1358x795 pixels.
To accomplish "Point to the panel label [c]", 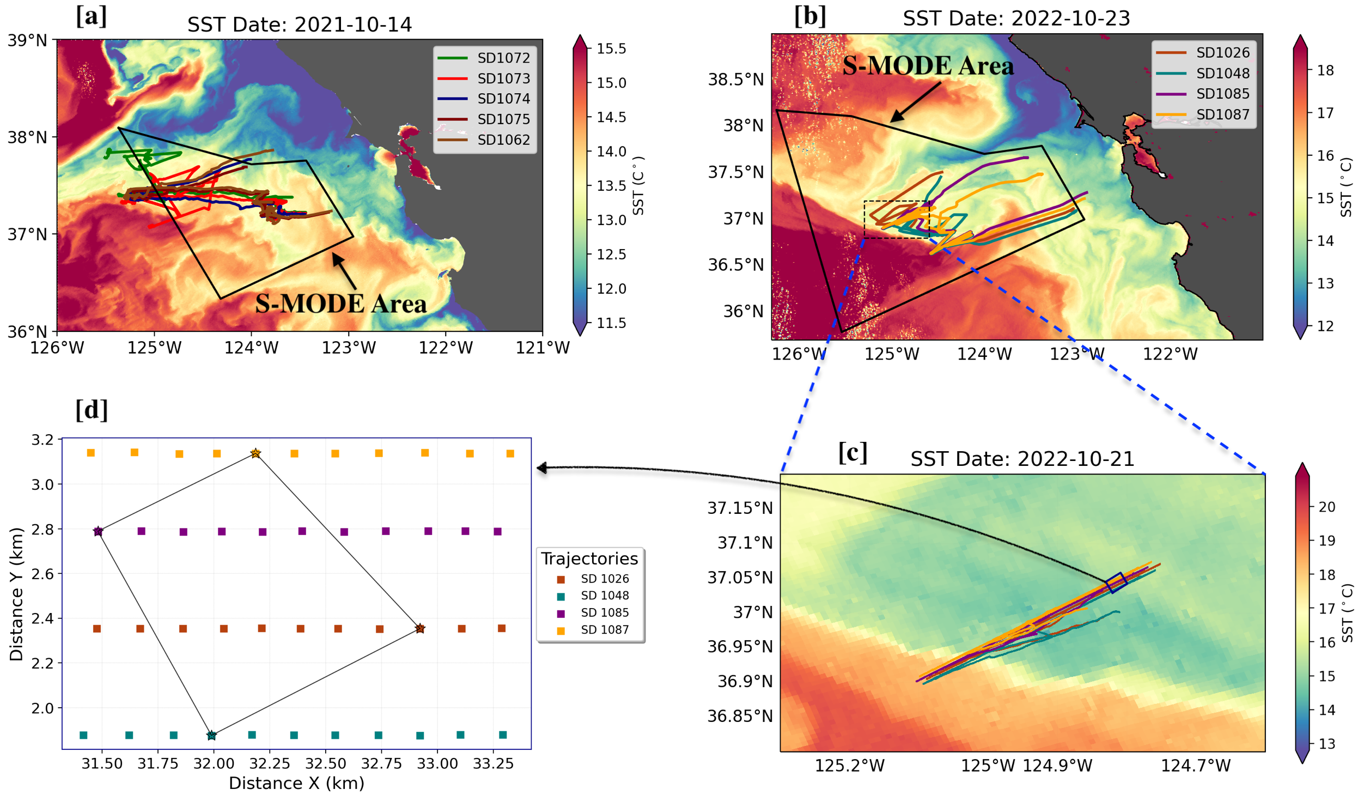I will (852, 453).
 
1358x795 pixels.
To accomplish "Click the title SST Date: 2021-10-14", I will (299, 25).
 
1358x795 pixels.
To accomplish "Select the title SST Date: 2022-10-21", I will (1022, 459).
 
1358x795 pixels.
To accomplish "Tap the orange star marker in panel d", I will (255, 453).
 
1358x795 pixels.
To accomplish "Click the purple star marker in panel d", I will (98, 531).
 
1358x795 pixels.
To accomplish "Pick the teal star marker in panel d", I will (211, 736).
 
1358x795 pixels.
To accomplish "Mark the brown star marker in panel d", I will (419, 629).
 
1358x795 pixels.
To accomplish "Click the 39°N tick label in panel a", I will (27, 40).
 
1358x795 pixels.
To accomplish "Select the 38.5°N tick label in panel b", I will (735, 80).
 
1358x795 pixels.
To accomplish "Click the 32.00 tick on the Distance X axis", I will (214, 763).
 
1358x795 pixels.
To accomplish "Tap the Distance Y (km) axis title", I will (16, 594).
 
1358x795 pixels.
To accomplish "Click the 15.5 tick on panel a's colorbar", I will (611, 48).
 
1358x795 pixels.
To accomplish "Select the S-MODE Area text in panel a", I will (340, 304).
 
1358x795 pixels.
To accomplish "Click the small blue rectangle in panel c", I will (1116, 582).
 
